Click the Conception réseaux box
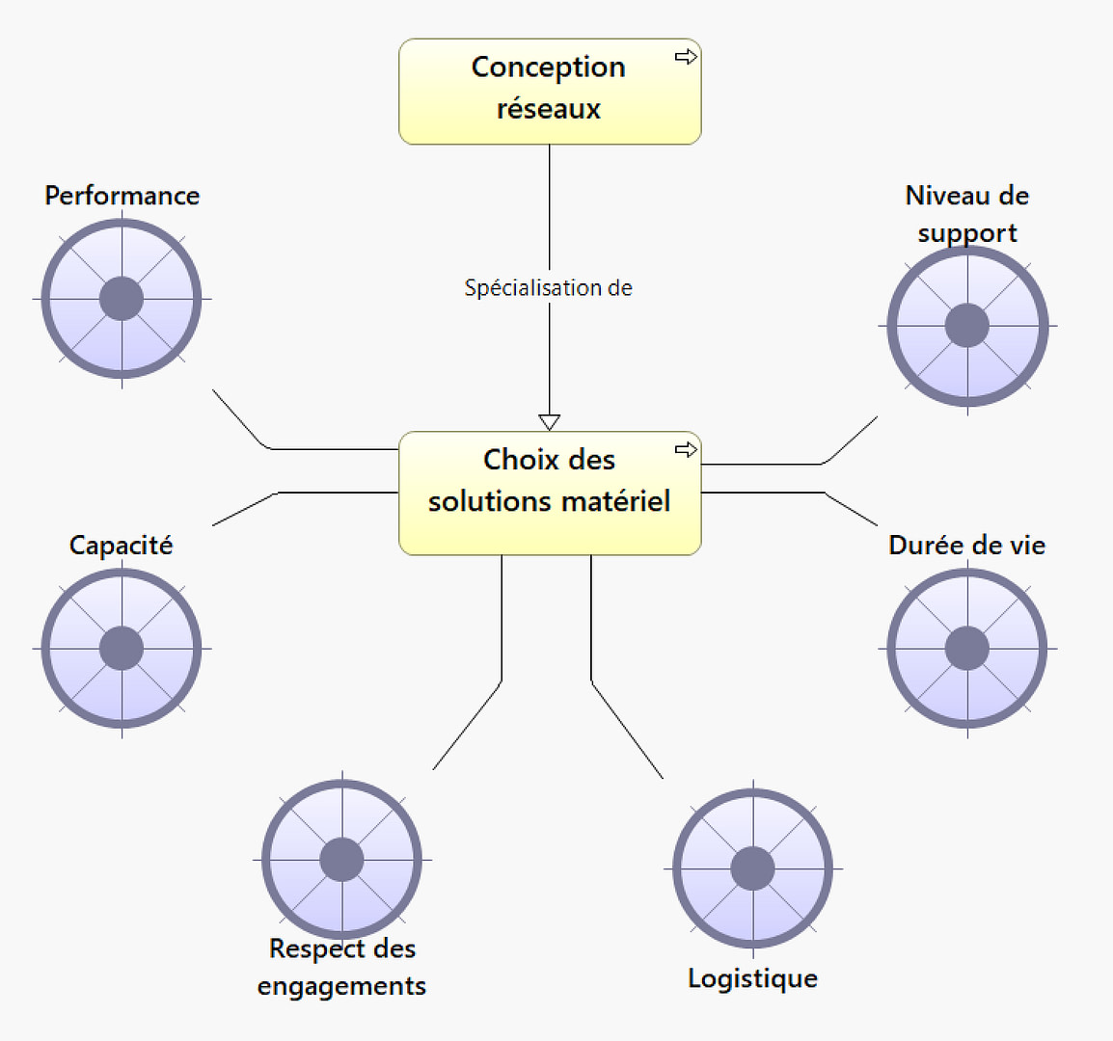pyautogui.click(x=550, y=92)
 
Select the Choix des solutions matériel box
pyautogui.click(x=550, y=493)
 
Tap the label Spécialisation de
pyautogui.click(x=548, y=287)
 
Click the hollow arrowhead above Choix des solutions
pyautogui.click(x=550, y=422)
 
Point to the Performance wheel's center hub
pyautogui.click(x=122, y=298)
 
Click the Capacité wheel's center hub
pyautogui.click(x=122, y=648)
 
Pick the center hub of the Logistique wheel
pyautogui.click(x=752, y=868)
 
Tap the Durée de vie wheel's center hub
pyautogui.click(x=967, y=648)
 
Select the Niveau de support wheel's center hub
pyautogui.click(x=967, y=326)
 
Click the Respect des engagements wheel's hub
pyautogui.click(x=341, y=859)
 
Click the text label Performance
pyautogui.click(x=122, y=196)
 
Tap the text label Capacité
pyautogui.click(x=122, y=546)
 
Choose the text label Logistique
pyautogui.click(x=752, y=978)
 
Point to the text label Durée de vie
pyautogui.click(x=966, y=546)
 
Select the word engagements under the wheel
pyautogui.click(x=341, y=986)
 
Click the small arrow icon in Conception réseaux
pyautogui.click(x=686, y=57)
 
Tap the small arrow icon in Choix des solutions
pyautogui.click(x=686, y=449)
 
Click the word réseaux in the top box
pyautogui.click(x=549, y=109)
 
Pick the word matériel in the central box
pyautogui.click(x=620, y=501)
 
